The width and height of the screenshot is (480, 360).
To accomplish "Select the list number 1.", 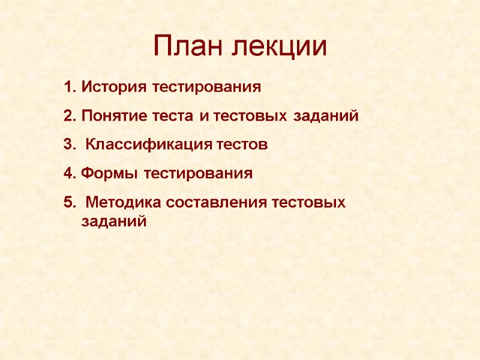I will coord(68,87).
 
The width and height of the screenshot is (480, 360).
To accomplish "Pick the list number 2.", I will coord(68,116).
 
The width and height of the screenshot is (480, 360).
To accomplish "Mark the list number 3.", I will coord(68,145).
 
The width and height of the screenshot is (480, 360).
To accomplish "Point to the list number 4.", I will coord(68,174).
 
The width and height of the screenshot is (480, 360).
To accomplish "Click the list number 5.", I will coord(68,203).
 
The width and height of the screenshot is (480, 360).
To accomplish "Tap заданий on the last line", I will coord(113,221).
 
